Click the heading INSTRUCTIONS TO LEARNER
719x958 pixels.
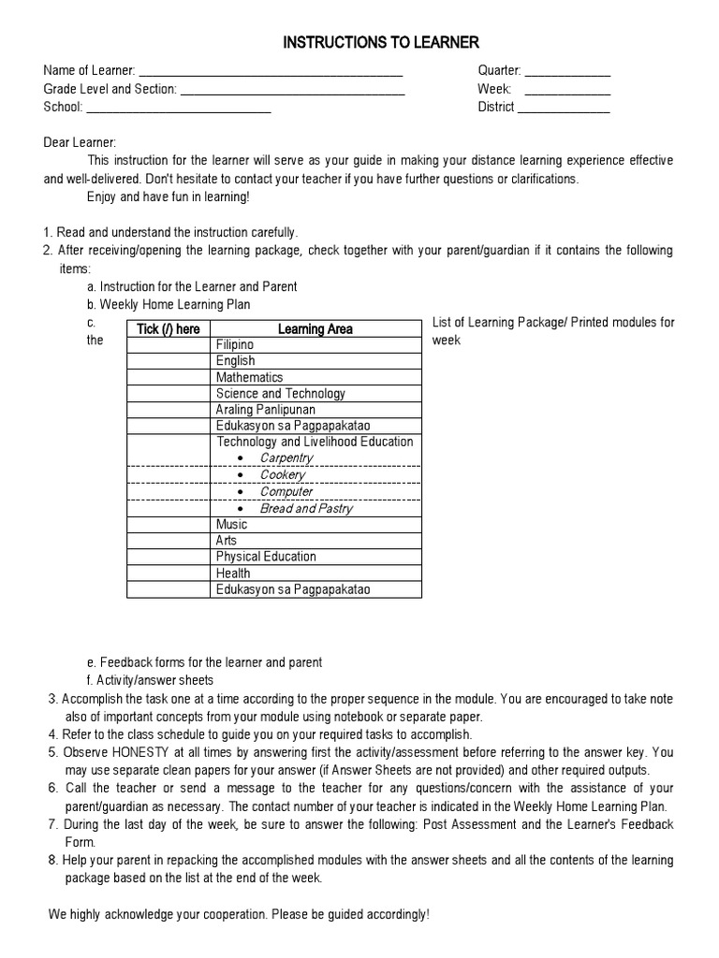click(x=380, y=43)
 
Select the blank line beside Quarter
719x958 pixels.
click(x=567, y=72)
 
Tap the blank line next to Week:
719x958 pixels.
click(x=567, y=90)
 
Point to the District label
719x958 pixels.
click(x=496, y=107)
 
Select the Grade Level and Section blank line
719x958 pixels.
click(x=291, y=90)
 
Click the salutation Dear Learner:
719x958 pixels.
click(x=81, y=142)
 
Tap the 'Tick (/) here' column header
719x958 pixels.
click(x=169, y=328)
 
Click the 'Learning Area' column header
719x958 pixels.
click(x=315, y=328)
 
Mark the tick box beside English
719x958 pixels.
click(x=169, y=360)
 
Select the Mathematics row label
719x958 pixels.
click(x=249, y=377)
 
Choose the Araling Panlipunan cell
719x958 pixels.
click(x=266, y=410)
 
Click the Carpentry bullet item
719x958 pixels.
click(x=286, y=458)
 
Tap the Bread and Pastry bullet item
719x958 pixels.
click(x=306, y=508)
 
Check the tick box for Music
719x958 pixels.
click(x=169, y=525)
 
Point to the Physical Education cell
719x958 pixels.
click(x=266, y=557)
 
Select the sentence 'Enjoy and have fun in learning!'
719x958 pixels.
click(x=169, y=197)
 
